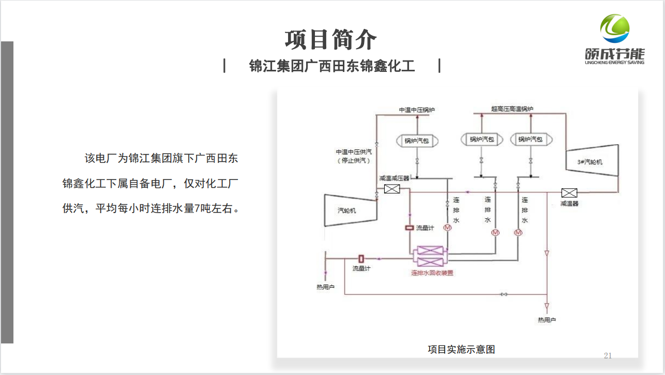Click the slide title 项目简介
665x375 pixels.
click(331, 39)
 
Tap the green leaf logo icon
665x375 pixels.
click(614, 29)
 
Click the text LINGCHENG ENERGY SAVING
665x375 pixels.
click(614, 62)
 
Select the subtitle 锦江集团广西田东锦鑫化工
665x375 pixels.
click(332, 67)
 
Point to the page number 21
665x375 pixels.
click(608, 355)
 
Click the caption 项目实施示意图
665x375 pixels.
click(461, 349)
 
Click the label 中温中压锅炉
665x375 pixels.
click(417, 110)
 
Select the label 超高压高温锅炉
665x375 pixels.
click(512, 109)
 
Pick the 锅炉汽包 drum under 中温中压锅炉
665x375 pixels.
click(416, 141)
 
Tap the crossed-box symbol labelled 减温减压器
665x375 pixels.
click(392, 189)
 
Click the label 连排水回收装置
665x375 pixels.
click(432, 273)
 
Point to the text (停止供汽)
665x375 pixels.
click(354, 161)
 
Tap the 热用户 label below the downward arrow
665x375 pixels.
click(547, 320)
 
